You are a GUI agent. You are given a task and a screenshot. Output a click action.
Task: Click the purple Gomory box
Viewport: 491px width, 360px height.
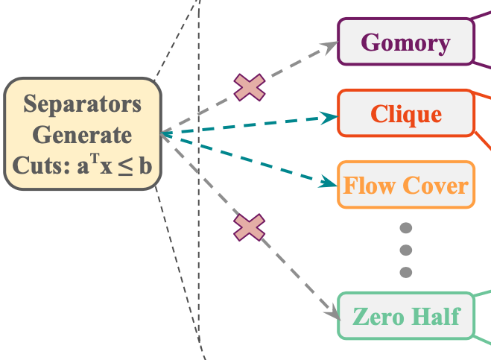406,42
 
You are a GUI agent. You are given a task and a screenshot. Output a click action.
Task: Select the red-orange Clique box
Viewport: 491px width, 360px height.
406,114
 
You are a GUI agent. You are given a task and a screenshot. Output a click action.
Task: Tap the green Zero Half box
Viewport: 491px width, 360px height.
406,316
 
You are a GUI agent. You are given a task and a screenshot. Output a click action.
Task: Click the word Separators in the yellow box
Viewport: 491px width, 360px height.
82,104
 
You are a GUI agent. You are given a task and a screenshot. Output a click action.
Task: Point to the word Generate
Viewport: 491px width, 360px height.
82,135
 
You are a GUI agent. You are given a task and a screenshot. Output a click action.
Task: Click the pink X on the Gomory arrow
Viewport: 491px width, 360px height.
250,88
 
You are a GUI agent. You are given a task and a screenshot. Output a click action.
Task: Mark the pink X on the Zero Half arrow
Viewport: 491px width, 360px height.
250,227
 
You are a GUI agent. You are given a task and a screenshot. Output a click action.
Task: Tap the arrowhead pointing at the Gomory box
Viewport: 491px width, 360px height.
331,46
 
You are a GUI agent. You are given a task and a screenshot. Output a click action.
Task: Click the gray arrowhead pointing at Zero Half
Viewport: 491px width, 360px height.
331,308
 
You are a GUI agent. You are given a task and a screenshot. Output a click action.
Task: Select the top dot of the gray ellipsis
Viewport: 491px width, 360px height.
405,229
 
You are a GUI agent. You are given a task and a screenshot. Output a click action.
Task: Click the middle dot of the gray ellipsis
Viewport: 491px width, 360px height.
405,250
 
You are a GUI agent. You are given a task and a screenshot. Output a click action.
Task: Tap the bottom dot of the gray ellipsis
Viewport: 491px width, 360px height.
405,271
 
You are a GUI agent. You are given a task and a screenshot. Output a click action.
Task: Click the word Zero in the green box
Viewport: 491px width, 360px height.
378,316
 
